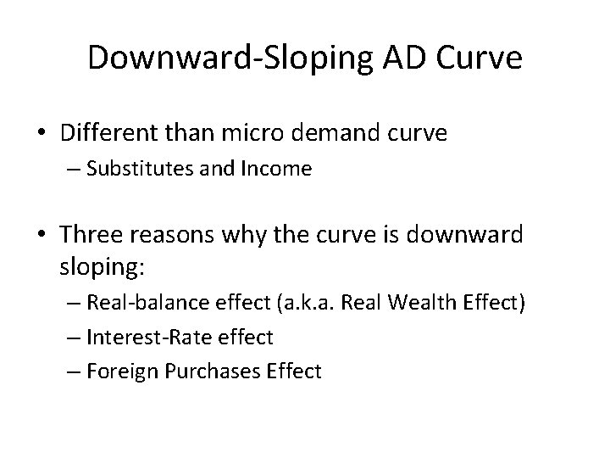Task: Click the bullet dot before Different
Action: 42,134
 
